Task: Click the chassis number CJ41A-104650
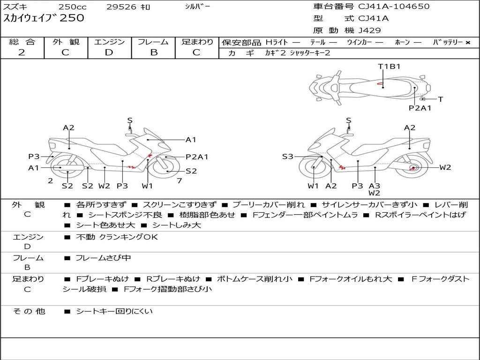tap(394, 6)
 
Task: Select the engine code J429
tap(369, 30)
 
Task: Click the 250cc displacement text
tap(73, 7)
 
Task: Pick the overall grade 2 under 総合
tap(22, 52)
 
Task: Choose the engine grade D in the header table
tap(109, 52)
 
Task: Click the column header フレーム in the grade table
tap(153, 42)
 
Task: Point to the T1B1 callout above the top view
tap(389, 67)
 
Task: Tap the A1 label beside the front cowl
tap(191, 140)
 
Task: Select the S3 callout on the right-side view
tap(287, 157)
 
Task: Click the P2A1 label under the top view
tap(420, 108)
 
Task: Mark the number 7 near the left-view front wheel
tap(180, 181)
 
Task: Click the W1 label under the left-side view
tap(147, 186)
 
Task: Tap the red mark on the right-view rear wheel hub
tap(413, 168)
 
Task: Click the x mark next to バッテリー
tap(468, 43)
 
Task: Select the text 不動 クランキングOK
tap(117, 237)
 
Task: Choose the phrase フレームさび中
tap(103, 258)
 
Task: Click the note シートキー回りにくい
tap(114, 311)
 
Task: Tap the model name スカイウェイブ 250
tap(44, 18)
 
